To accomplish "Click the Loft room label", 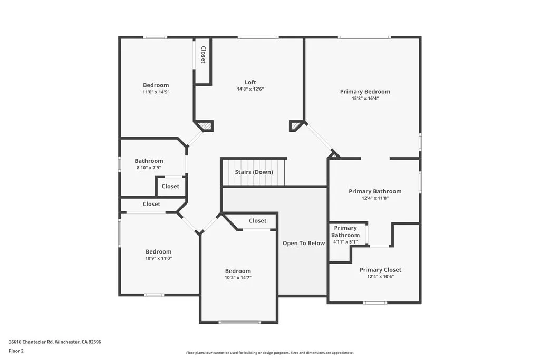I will [x=250, y=82].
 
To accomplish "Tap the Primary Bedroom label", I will [x=365, y=92].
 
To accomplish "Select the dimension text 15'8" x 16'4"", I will [x=365, y=98].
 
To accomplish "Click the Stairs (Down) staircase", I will [x=253, y=172].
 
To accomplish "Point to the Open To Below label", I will [x=304, y=243].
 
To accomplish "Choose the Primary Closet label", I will [x=380, y=270].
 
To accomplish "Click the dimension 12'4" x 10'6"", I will [x=380, y=276].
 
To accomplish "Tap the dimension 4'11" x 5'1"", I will [x=345, y=242].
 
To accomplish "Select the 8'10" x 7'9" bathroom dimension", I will [x=149, y=168].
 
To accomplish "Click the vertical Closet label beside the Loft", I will [x=203, y=55].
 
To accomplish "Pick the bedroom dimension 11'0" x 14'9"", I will [x=156, y=92].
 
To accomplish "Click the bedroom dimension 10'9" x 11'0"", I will [x=159, y=258].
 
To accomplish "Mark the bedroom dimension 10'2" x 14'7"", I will [x=238, y=277].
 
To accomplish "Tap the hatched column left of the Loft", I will [x=206, y=127].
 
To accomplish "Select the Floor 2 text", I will [x=16, y=351].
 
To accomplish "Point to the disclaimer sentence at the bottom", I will [x=269, y=353].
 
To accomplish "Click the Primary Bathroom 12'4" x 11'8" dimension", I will [x=375, y=198].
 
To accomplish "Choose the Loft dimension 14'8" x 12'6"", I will [x=250, y=89].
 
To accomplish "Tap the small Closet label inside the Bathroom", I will [x=170, y=186].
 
